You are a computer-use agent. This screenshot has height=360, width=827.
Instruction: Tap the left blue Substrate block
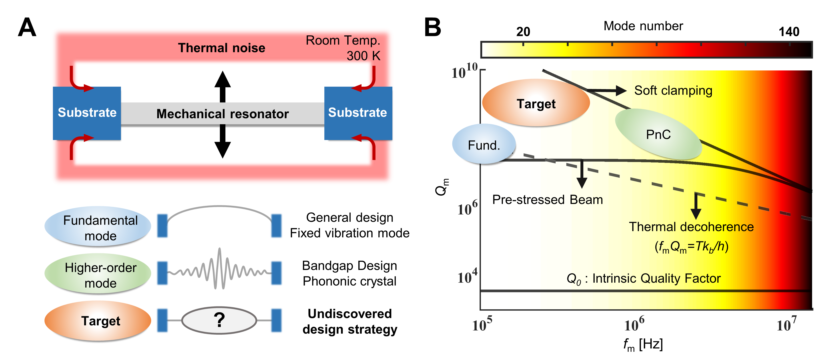point(87,113)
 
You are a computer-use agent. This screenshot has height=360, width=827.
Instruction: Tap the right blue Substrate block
point(358,113)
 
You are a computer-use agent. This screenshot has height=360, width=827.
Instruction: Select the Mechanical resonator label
point(223,114)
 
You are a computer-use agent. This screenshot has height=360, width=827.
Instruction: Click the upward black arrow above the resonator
point(223,85)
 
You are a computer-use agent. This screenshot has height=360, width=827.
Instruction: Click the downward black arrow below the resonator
point(223,143)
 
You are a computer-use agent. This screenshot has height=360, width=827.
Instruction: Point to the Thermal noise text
point(221,48)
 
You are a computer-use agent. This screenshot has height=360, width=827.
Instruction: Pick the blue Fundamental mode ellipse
point(98,226)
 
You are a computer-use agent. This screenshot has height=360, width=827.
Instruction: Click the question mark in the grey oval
point(219,320)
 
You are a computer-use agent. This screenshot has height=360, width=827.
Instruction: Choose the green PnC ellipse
point(658,134)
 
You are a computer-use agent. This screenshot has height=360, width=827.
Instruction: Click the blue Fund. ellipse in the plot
point(484,145)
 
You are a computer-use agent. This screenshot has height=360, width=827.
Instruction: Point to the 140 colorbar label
point(789,31)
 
